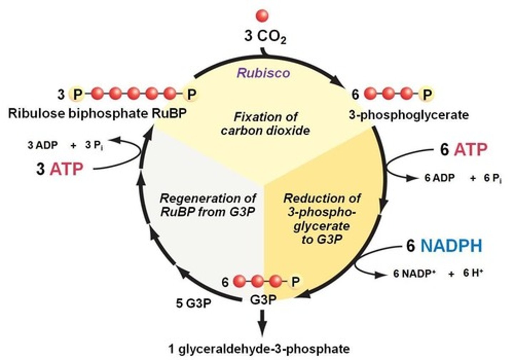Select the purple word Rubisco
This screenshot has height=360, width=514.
[263, 73]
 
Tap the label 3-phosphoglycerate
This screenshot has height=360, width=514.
[409, 115]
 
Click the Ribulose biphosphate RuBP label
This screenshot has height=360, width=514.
[97, 114]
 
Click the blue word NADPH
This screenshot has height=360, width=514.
[451, 246]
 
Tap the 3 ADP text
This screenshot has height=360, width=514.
[42, 146]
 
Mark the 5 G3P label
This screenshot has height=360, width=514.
[193, 303]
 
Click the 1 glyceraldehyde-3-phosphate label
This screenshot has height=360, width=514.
[259, 348]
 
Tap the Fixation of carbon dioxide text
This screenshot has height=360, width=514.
[265, 124]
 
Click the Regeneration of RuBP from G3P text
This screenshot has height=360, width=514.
[208, 205]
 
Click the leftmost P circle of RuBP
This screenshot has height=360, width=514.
[77, 95]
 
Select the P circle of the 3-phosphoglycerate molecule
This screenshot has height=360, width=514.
[427, 95]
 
